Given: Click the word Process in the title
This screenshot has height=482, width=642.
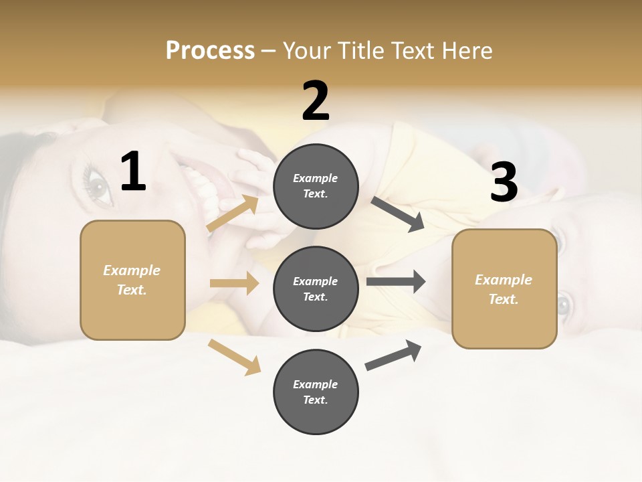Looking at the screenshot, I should pyautogui.click(x=210, y=50).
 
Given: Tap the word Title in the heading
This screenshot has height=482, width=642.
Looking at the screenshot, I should pyautogui.click(x=361, y=50).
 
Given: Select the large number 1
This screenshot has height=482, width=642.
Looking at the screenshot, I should pyautogui.click(x=133, y=172).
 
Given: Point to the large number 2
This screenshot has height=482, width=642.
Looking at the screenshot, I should pyautogui.click(x=316, y=102).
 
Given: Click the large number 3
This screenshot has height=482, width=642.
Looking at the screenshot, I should pyautogui.click(x=504, y=182).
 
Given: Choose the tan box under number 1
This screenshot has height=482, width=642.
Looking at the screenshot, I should pyautogui.click(x=132, y=280).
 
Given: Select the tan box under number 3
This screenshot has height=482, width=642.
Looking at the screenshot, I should pyautogui.click(x=504, y=289).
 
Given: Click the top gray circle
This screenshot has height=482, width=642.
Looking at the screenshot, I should pyautogui.click(x=316, y=186).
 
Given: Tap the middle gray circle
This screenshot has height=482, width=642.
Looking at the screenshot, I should pyautogui.click(x=316, y=289).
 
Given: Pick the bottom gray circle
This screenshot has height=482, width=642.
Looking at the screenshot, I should pyautogui.click(x=316, y=392).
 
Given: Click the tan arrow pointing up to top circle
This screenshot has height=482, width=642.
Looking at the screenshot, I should pyautogui.click(x=233, y=214).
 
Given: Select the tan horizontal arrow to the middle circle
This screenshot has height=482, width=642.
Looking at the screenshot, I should pyautogui.click(x=234, y=283).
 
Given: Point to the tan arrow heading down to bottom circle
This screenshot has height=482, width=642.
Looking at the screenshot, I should pyautogui.click(x=235, y=357).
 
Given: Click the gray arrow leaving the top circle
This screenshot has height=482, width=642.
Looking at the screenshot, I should pyautogui.click(x=398, y=214).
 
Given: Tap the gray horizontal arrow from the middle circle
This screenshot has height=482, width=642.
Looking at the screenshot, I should pyautogui.click(x=396, y=281).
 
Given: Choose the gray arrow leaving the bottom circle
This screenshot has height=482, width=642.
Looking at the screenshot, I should pyautogui.click(x=393, y=355).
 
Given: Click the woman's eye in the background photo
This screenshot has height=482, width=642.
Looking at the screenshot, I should pyautogui.click(x=96, y=183).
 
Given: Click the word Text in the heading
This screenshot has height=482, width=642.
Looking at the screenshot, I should pyautogui.click(x=413, y=50).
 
